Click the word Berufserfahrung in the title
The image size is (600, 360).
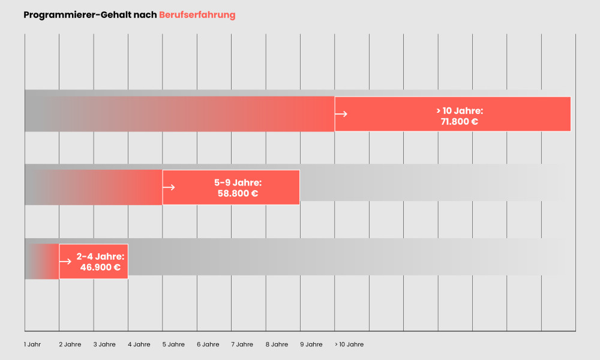[197, 15]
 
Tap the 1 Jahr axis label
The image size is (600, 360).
[33, 344]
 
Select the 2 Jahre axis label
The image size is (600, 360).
[70, 344]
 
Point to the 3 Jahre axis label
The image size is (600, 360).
[104, 344]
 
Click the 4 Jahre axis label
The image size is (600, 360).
[139, 344]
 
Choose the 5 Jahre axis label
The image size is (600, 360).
[173, 344]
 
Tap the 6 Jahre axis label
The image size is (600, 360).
[208, 344]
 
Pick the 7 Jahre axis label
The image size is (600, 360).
[242, 344]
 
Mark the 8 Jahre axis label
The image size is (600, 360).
[277, 344]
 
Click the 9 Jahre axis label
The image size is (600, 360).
[311, 344]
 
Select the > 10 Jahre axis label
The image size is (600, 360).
[349, 344]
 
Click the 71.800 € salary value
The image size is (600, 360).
[459, 122]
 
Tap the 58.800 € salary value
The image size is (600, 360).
[238, 193]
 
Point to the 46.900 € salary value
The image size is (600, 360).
[100, 267]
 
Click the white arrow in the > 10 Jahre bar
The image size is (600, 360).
[341, 113]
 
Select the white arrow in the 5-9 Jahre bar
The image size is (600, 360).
[169, 187]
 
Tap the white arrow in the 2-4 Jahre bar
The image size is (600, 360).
[65, 262]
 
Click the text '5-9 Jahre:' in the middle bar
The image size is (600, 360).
[238, 182]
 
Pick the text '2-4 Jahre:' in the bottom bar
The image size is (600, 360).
[100, 256]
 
